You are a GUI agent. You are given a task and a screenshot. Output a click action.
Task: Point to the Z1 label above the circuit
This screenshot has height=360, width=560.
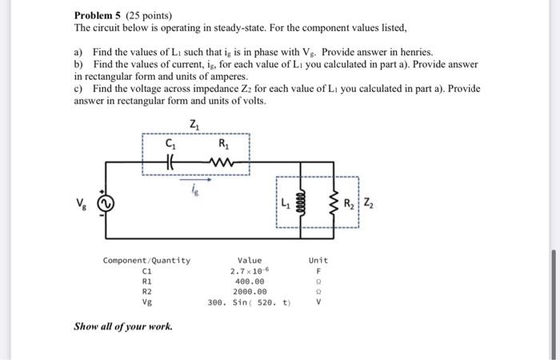click(196, 124)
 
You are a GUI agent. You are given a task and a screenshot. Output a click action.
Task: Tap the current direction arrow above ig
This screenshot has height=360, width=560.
click(197, 181)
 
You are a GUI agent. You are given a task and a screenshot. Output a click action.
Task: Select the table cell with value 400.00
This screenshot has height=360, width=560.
click(250, 282)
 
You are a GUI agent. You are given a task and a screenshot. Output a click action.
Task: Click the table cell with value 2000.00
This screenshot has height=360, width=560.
click(250, 292)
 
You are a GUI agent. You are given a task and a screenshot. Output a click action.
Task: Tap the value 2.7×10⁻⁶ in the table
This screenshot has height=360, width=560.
click(250, 271)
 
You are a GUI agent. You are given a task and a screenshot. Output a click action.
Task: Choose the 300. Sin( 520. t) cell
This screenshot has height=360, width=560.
click(250, 303)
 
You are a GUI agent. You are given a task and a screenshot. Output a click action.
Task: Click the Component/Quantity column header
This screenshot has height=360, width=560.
click(146, 260)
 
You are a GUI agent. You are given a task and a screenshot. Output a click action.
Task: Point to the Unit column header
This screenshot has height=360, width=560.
click(318, 260)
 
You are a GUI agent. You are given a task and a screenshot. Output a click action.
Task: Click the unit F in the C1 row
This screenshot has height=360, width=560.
click(318, 271)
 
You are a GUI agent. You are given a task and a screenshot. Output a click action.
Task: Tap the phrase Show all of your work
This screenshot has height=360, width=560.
click(122, 326)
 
